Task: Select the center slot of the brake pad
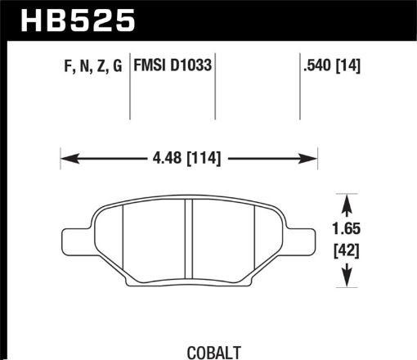click(x=188, y=245)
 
